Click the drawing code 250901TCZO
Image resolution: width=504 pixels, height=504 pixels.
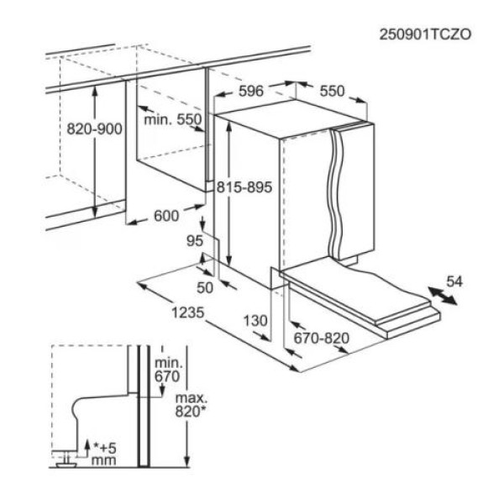click(425, 34)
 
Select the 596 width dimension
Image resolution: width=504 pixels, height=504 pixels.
click(251, 91)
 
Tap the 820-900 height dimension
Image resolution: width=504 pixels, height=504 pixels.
click(94, 129)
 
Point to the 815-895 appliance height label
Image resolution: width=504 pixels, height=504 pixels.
click(244, 187)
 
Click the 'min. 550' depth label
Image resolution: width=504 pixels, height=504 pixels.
click(172, 119)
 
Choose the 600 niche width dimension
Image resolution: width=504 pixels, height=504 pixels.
click(166, 216)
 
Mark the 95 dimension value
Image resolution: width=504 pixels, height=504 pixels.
click(195, 241)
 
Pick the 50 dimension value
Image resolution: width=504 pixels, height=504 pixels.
click(205, 287)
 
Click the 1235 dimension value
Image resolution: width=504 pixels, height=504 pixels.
click(187, 312)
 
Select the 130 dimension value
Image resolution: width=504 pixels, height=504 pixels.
click(255, 321)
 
